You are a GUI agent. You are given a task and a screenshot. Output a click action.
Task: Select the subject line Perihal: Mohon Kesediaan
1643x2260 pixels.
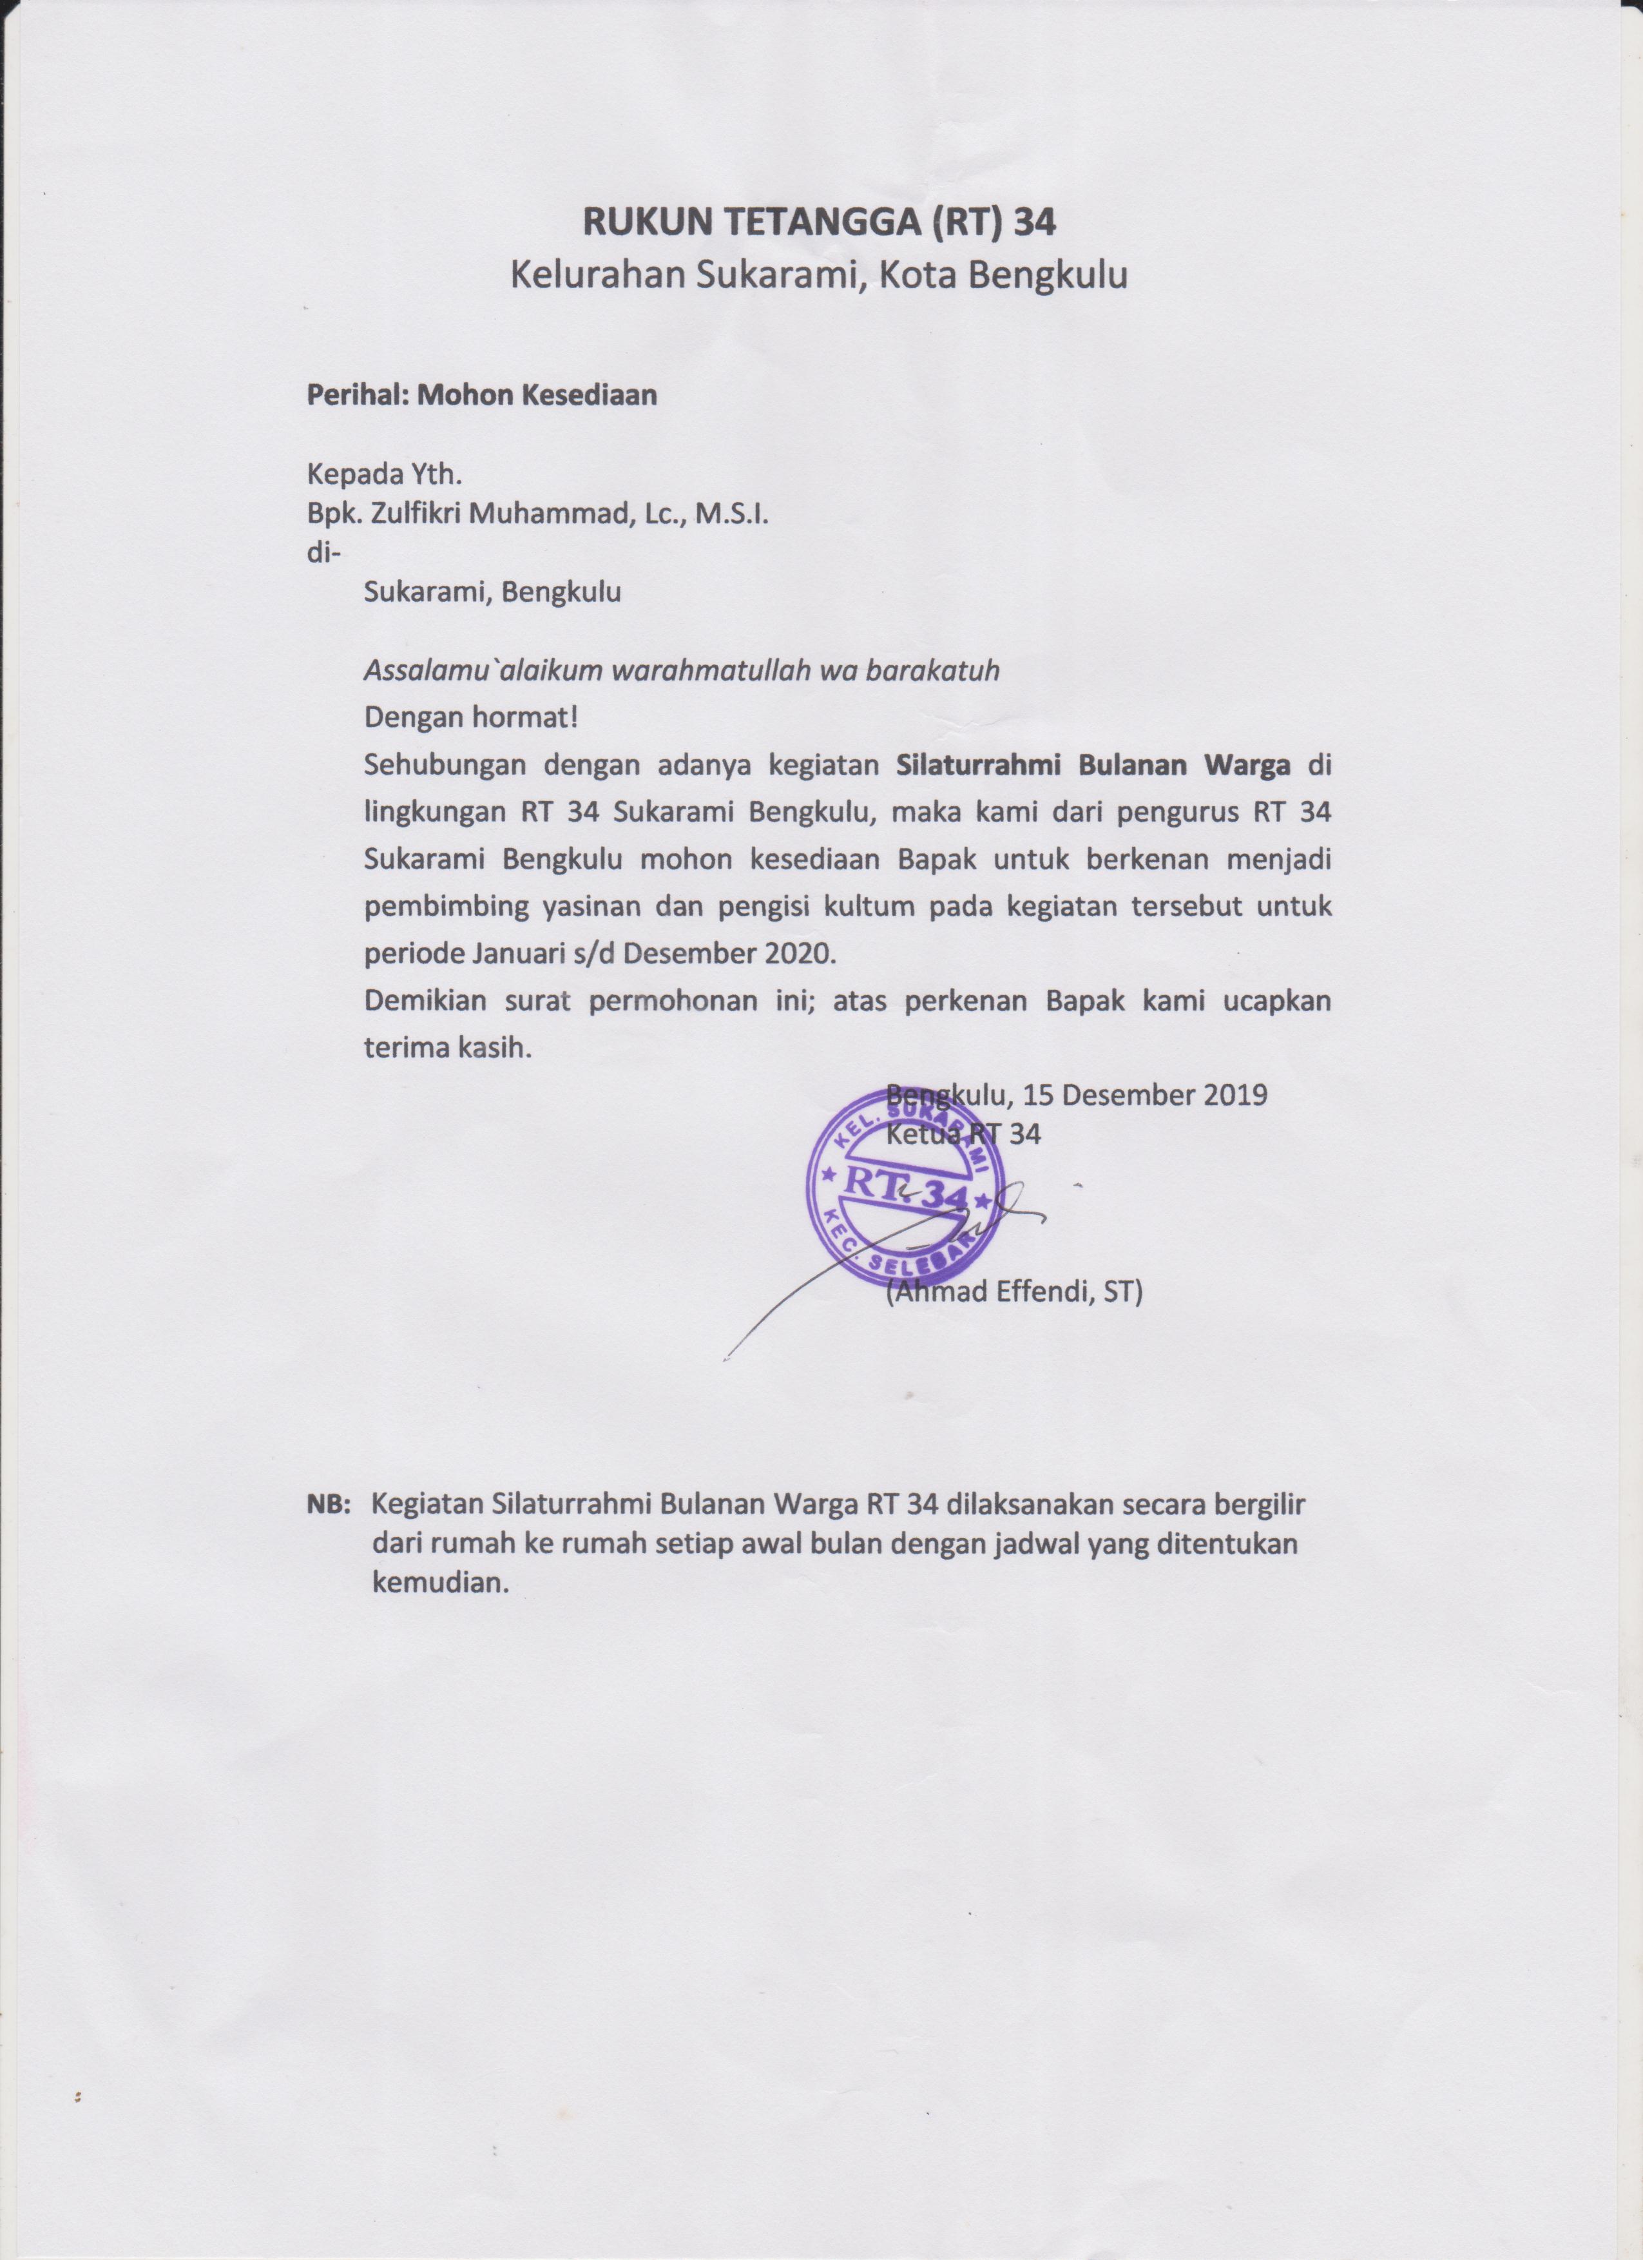pos(481,394)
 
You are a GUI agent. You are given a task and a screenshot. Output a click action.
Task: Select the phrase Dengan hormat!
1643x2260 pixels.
pos(471,715)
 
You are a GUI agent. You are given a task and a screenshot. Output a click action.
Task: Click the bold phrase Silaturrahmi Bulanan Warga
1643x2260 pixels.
pos(1093,766)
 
